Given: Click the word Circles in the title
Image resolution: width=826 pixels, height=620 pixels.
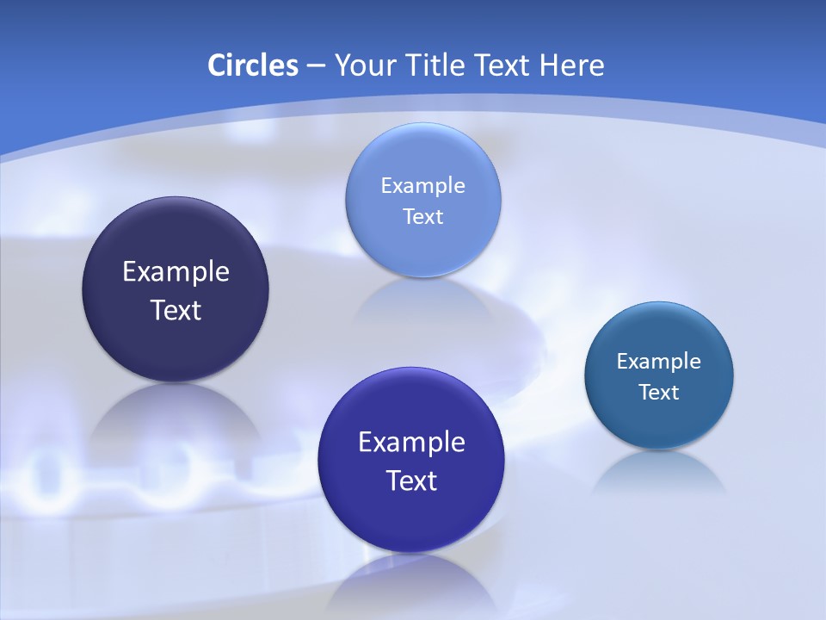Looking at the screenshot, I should pyautogui.click(x=252, y=65).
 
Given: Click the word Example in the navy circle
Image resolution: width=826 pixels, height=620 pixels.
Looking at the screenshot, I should pyautogui.click(x=176, y=272).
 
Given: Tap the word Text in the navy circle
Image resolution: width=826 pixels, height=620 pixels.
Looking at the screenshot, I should pyautogui.click(x=176, y=310).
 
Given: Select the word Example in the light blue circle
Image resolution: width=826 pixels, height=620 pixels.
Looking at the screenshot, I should pyautogui.click(x=422, y=186).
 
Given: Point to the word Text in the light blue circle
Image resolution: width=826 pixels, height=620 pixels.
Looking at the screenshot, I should pyautogui.click(x=422, y=216).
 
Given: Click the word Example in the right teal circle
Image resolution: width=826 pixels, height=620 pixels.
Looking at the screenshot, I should pyautogui.click(x=659, y=362).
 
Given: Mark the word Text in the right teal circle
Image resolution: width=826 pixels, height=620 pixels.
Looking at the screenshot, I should pyautogui.click(x=659, y=393).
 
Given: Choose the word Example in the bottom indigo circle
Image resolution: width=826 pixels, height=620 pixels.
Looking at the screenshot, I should pyautogui.click(x=411, y=443).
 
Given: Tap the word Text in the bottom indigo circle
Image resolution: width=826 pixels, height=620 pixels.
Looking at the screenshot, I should pyautogui.click(x=411, y=480).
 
